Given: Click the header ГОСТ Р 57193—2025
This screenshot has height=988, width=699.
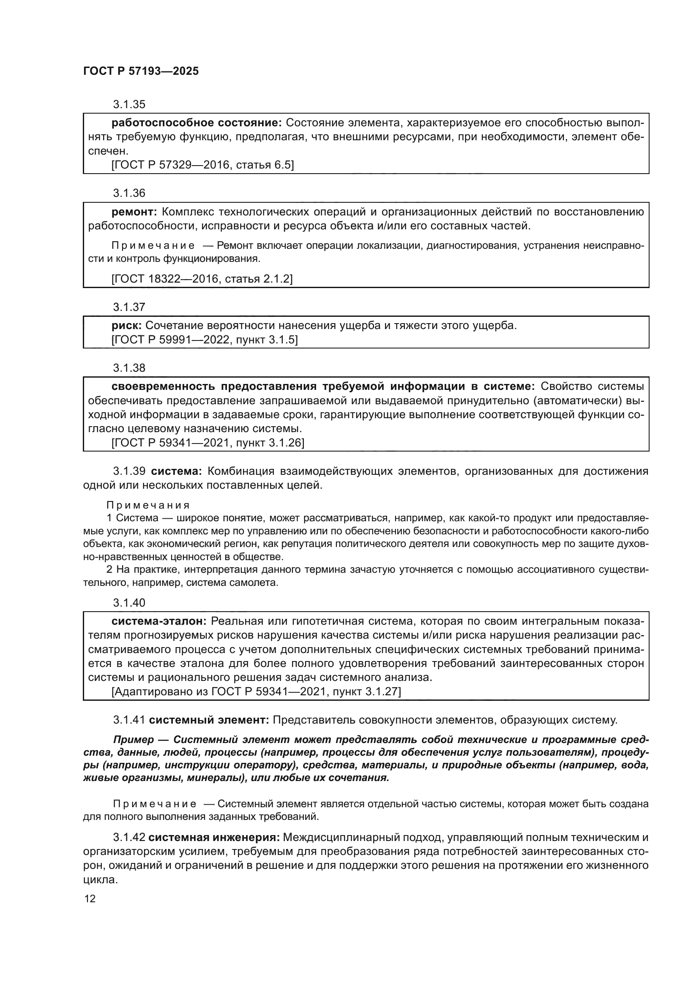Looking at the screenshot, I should (x=141, y=71).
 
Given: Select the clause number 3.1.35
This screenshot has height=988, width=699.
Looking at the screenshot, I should (x=129, y=105).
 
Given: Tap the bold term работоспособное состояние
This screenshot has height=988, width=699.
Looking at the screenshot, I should (x=196, y=123).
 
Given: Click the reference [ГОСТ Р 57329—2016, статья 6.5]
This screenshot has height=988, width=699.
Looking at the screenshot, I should (x=202, y=165).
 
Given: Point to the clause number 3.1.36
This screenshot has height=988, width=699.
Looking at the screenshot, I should (x=129, y=193).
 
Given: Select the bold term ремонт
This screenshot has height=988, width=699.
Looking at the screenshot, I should (x=135, y=212).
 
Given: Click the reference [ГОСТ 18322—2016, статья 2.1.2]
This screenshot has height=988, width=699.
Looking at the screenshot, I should (x=202, y=279).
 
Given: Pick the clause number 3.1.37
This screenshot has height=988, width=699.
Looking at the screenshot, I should (x=129, y=307).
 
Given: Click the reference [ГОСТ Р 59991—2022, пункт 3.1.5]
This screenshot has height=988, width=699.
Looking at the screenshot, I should (x=205, y=340).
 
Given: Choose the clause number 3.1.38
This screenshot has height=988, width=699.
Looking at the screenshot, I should (x=129, y=368).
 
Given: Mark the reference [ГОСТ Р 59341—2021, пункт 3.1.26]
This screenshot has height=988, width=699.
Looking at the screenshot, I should (x=208, y=443).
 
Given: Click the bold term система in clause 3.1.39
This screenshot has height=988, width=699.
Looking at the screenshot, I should (x=177, y=471).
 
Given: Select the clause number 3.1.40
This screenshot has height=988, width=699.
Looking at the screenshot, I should (x=129, y=603).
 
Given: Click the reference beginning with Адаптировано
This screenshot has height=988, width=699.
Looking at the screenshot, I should (x=256, y=691).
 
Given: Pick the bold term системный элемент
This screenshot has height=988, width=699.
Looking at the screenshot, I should (x=209, y=720).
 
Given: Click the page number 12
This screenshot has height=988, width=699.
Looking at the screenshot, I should (x=90, y=899).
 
